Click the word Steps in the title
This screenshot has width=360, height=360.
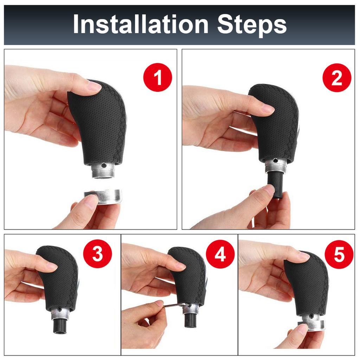click(251, 25)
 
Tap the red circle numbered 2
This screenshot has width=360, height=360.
click(336, 78)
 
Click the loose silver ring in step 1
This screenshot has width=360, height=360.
click(104, 197)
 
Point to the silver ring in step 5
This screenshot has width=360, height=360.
click(311, 325)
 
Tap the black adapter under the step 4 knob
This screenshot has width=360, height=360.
click(190, 320)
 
